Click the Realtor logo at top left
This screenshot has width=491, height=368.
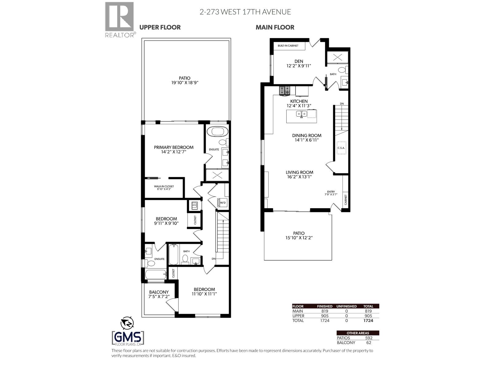point(119,19)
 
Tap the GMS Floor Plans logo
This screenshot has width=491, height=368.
point(128,338)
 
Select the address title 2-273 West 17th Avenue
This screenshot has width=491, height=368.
point(245,12)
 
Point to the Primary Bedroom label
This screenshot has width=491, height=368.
point(174,149)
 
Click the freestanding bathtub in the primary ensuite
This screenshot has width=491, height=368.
point(217,132)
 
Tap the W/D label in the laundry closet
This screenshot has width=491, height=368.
point(223,203)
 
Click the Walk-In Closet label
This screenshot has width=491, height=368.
point(164,187)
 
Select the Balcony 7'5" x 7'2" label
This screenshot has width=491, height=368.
point(159,294)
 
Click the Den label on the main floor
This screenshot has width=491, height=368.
point(299,63)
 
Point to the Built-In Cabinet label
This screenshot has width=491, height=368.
point(288,46)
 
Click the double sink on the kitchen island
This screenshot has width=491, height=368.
point(301,114)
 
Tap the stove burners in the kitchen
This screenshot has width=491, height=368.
point(284,90)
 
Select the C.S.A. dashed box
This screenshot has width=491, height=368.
point(341,148)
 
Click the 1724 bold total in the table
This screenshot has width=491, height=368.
point(368,320)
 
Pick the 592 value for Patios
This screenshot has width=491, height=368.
point(369,338)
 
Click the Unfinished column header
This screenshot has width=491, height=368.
point(346,306)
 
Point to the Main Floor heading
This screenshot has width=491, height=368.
point(275,27)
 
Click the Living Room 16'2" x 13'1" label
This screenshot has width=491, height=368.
point(300,174)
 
